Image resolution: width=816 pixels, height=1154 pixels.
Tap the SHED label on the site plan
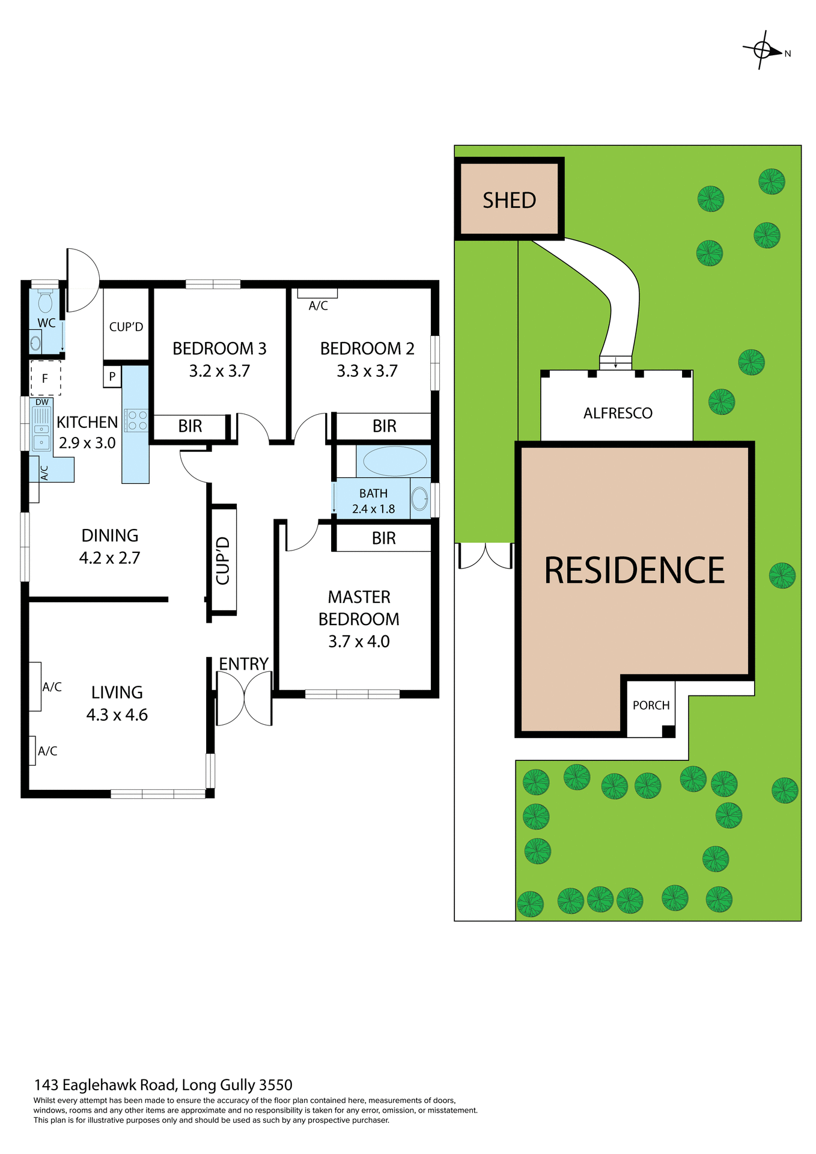click(509, 200)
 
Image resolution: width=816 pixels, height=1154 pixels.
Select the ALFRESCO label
click(618, 414)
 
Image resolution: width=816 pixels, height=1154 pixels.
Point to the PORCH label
click(651, 705)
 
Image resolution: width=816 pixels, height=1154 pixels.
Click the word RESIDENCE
click(634, 570)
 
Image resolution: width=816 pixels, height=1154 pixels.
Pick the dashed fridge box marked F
click(45, 379)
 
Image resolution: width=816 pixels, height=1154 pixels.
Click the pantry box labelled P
click(112, 377)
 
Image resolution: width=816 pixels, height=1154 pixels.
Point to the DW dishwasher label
click(42, 402)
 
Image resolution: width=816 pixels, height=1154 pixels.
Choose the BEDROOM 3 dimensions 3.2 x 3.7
click(219, 371)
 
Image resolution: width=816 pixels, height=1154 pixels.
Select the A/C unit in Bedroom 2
click(317, 294)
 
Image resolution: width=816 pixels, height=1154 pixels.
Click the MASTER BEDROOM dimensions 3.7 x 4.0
click(359, 642)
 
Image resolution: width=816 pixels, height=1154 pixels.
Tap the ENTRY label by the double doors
click(243, 664)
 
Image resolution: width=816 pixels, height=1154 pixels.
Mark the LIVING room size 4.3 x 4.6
click(117, 715)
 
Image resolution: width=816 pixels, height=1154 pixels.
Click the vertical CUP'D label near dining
click(223, 560)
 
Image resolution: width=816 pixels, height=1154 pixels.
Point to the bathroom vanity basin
click(420, 498)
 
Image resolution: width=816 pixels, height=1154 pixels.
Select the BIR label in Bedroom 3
click(190, 426)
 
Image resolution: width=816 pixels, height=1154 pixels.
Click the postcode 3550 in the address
click(275, 1085)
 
